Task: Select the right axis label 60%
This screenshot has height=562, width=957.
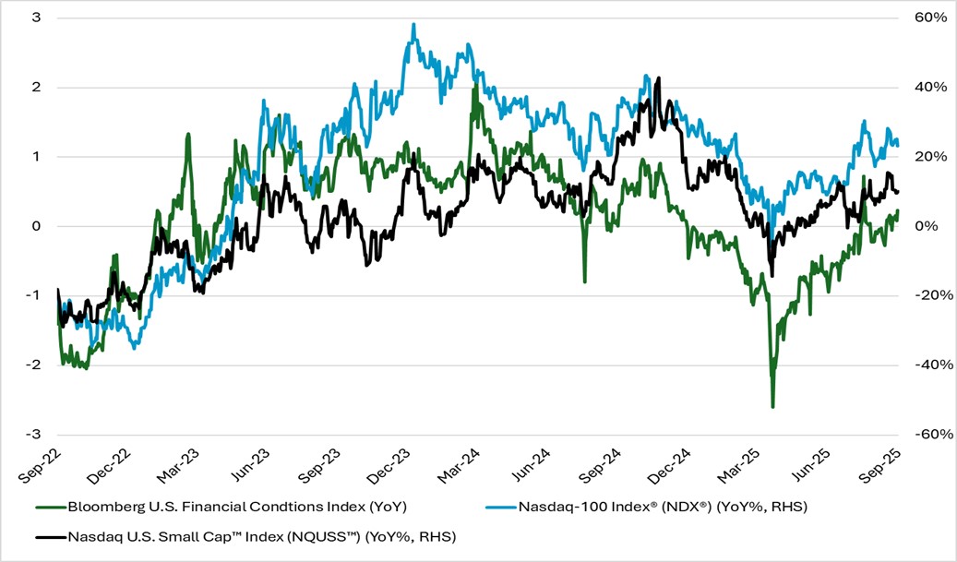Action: coord(926,18)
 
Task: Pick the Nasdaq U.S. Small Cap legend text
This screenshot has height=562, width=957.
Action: coord(261,536)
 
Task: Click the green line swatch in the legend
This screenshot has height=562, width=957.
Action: coord(51,507)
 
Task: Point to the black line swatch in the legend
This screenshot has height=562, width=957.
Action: coord(51,536)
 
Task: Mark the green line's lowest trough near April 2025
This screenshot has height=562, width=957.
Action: coord(772,406)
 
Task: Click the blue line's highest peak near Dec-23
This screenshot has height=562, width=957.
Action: coord(413,24)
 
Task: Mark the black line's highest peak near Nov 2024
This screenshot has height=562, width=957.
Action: coord(658,78)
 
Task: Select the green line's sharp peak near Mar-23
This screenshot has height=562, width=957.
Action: coord(188,134)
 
